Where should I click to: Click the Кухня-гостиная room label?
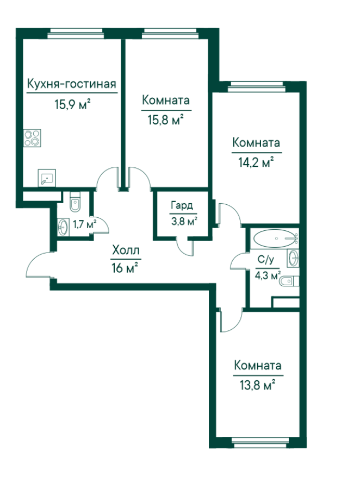tap(72, 83)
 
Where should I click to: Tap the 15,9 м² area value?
tap(72, 105)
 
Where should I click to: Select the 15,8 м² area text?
tap(166, 120)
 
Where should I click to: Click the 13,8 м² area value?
tap(257, 385)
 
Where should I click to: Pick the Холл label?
tap(126, 250)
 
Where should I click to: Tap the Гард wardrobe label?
tap(182, 206)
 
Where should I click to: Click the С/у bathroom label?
tap(266, 260)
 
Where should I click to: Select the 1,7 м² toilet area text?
tap(85, 224)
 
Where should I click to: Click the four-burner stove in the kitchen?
tap(32, 138)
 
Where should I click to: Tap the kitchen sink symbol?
tap(47, 178)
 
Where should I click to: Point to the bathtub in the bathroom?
tap(275, 238)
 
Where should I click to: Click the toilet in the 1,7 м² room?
tap(75, 202)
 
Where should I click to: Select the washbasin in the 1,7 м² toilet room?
tap(63, 227)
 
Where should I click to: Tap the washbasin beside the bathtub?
tap(293, 258)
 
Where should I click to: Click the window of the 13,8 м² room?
tap(260, 443)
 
